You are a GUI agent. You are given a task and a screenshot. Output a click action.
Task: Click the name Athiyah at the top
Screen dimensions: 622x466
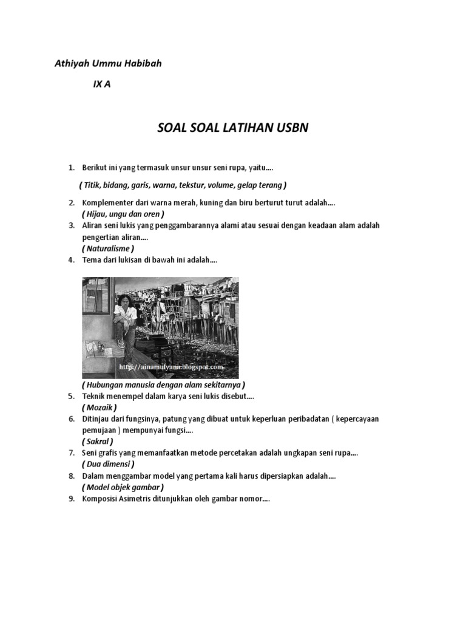pyautogui.click(x=72, y=63)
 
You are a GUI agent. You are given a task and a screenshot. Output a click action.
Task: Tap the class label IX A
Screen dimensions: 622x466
pyautogui.click(x=101, y=85)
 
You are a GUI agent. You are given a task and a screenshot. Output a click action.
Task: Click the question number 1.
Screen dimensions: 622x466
pyautogui.click(x=71, y=167)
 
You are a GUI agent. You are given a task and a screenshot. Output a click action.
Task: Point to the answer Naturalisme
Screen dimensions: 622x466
pyautogui.click(x=107, y=248)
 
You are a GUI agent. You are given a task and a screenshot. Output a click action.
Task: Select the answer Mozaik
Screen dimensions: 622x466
pyautogui.click(x=99, y=408)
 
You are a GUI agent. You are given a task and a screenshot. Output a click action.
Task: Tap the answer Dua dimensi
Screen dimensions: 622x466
pyautogui.click(x=107, y=464)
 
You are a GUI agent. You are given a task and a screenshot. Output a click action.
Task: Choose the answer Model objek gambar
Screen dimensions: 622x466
pyautogui.click(x=123, y=487)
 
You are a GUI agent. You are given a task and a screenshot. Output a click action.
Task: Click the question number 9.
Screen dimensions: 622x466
pyautogui.click(x=71, y=499)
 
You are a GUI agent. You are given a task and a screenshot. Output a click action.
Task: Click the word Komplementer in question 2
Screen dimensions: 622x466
pyautogui.click(x=107, y=202)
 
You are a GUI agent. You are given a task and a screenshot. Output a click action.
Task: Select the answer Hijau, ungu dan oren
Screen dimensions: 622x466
pyautogui.click(x=123, y=214)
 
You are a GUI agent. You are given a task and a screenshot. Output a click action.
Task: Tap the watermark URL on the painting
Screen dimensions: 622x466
pyautogui.click(x=171, y=367)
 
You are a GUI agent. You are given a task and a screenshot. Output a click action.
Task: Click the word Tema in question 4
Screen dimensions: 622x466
pyautogui.click(x=91, y=260)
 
